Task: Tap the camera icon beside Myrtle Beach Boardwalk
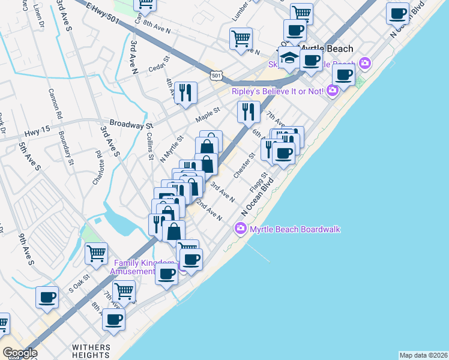(241, 228)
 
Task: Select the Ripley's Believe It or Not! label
(279, 91)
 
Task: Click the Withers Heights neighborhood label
(91, 351)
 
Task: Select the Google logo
(20, 353)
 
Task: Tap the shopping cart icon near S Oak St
(96, 253)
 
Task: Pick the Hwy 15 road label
(35, 134)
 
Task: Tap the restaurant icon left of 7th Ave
(248, 110)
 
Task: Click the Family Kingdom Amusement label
(143, 267)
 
